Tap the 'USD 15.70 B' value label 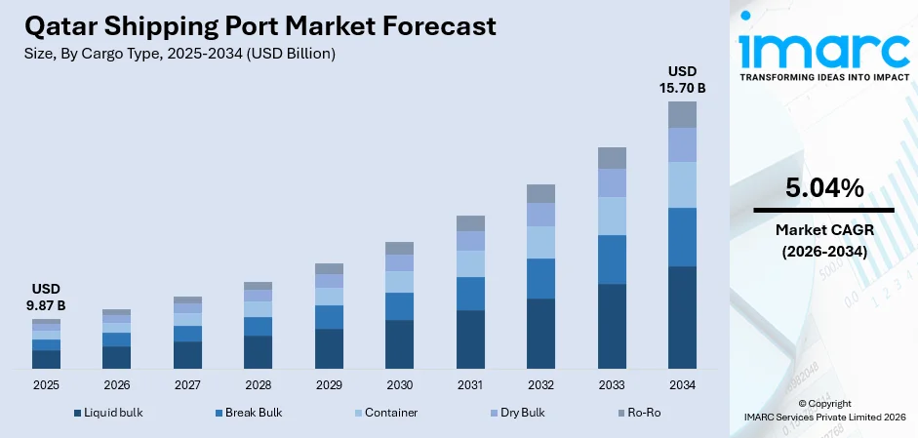(x=682, y=80)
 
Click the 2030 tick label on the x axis (x=399, y=385)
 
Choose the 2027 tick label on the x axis (x=187, y=385)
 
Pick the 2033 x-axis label (x=612, y=385)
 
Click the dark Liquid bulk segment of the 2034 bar (x=682, y=317)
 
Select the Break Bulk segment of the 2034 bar (x=682, y=237)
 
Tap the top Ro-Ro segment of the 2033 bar (x=612, y=158)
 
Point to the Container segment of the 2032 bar (x=540, y=242)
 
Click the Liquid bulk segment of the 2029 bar (x=329, y=348)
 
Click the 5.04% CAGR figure (x=823, y=189)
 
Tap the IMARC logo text (x=823, y=49)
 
